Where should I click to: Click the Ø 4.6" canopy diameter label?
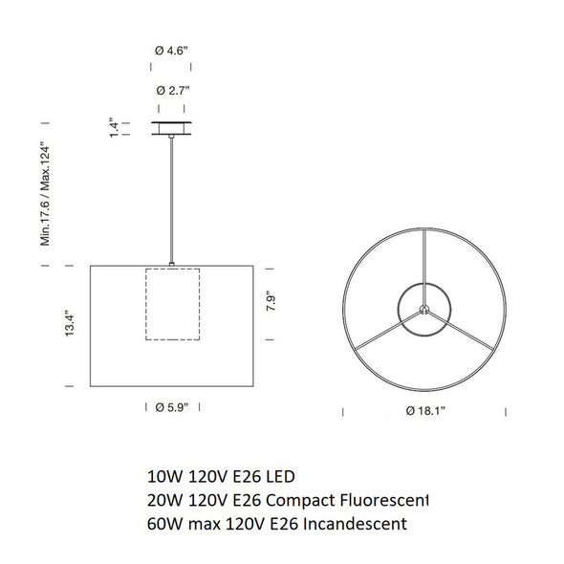(171, 51)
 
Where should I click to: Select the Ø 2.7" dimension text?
(173, 91)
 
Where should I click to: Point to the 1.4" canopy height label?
(115, 127)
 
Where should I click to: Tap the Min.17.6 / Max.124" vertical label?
(45, 195)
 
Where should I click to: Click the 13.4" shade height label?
(70, 323)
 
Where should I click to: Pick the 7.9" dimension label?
(271, 303)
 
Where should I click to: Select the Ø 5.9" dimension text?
(172, 407)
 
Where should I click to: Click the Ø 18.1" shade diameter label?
(425, 410)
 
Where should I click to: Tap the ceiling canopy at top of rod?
(171, 128)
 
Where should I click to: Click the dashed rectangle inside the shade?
(145, 304)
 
